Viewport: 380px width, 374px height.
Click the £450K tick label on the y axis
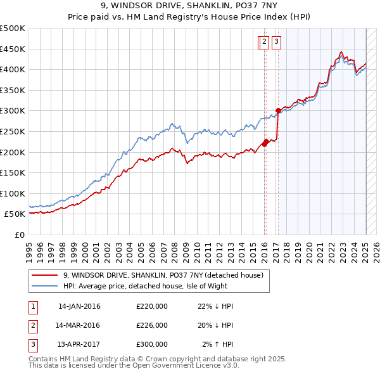tap(13, 49)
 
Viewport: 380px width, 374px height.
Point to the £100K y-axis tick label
tap(13, 193)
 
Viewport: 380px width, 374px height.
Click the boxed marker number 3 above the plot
tap(277, 42)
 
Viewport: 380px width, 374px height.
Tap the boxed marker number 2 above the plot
tap(263, 42)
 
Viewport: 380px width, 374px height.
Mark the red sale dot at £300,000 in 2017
tap(279, 111)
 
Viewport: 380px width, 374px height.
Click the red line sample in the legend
tap(44, 275)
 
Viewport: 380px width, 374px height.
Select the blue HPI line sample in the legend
tap(44, 286)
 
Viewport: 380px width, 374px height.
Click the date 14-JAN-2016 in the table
tap(79, 307)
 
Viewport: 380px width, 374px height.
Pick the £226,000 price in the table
tap(152, 325)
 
